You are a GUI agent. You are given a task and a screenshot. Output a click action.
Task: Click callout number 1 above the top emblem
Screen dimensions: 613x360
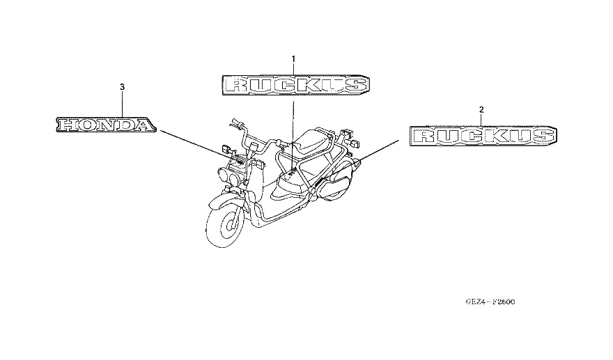coord(293,58)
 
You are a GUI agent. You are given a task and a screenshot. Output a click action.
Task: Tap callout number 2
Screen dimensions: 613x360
coord(481,109)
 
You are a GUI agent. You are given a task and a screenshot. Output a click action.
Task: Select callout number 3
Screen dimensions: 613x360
coord(123,86)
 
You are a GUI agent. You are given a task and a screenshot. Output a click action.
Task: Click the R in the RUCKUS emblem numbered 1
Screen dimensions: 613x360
coord(238,86)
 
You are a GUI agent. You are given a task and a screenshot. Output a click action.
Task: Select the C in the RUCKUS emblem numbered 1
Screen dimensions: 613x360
coord(284,86)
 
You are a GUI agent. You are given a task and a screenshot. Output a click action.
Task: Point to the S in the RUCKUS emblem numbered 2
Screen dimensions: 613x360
coord(541,136)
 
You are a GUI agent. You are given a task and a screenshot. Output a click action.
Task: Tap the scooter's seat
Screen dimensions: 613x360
coord(311,146)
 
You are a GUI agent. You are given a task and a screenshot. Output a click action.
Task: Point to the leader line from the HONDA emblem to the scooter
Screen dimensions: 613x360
coord(199,148)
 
